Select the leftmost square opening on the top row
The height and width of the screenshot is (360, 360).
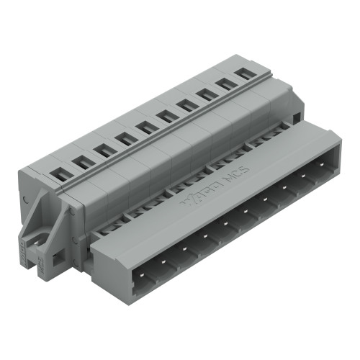click(x=57, y=173)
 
